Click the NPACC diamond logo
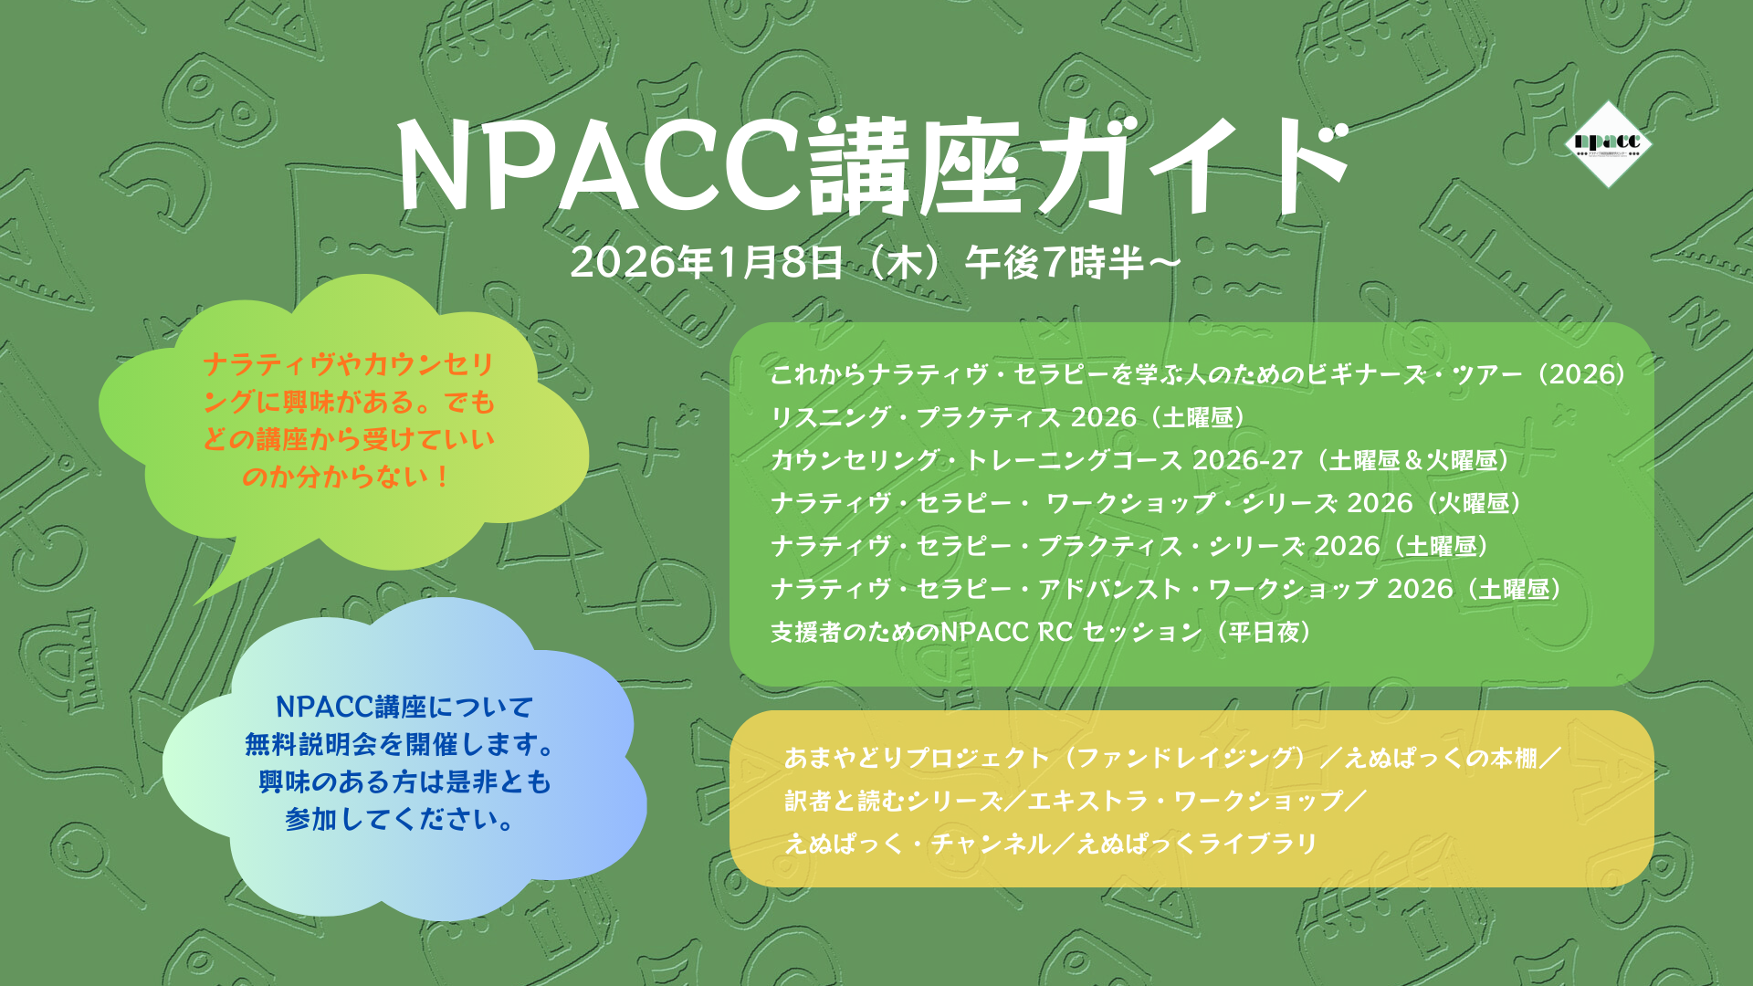click(1607, 143)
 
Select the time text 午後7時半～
click(1074, 263)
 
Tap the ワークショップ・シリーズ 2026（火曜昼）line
click(1146, 503)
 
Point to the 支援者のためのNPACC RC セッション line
click(1041, 632)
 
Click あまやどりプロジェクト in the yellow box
click(917, 758)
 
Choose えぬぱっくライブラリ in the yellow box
click(1197, 844)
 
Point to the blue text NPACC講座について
click(404, 707)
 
